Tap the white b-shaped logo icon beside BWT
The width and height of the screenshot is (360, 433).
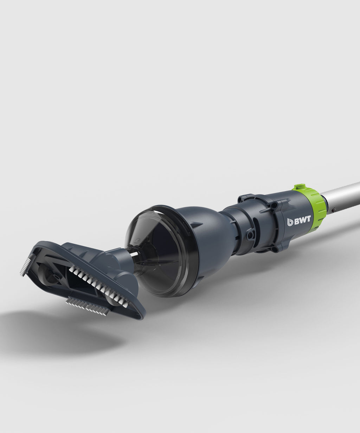(290, 222)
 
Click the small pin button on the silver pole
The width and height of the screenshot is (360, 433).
(333, 210)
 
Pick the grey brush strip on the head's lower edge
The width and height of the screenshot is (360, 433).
(88, 306)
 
